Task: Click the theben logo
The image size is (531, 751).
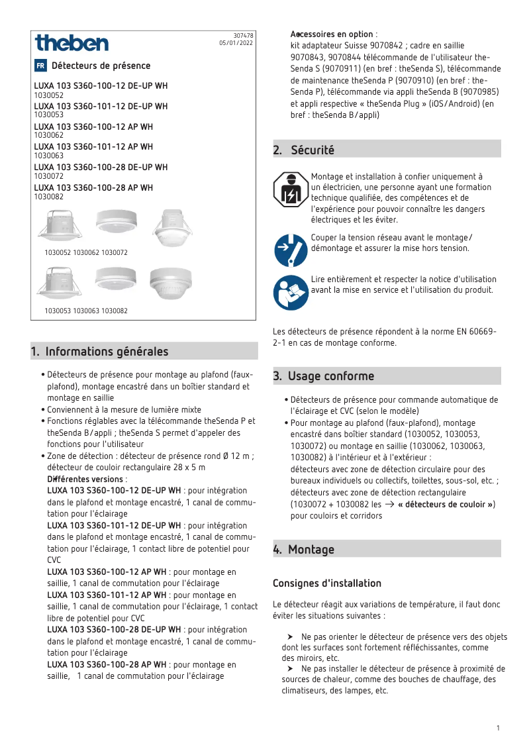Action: click(x=72, y=44)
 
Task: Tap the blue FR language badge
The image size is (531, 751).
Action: click(x=40, y=66)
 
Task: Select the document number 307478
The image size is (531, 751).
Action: click(x=244, y=35)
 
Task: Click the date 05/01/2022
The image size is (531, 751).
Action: click(x=236, y=42)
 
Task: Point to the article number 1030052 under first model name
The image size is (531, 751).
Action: click(x=48, y=95)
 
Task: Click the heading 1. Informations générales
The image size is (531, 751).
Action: click(x=100, y=352)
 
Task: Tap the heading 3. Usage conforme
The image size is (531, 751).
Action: click(x=324, y=376)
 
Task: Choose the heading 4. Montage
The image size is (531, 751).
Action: click(x=304, y=550)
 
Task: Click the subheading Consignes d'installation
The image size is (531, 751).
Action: click(x=327, y=583)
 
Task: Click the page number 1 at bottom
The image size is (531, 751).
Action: click(x=497, y=728)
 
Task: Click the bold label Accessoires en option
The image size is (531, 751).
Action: click(x=332, y=34)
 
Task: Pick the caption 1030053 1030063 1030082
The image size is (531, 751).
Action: click(x=86, y=311)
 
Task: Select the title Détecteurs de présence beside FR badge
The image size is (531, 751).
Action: click(x=101, y=66)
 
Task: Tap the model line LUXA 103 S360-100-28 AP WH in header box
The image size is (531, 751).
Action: click(x=93, y=188)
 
